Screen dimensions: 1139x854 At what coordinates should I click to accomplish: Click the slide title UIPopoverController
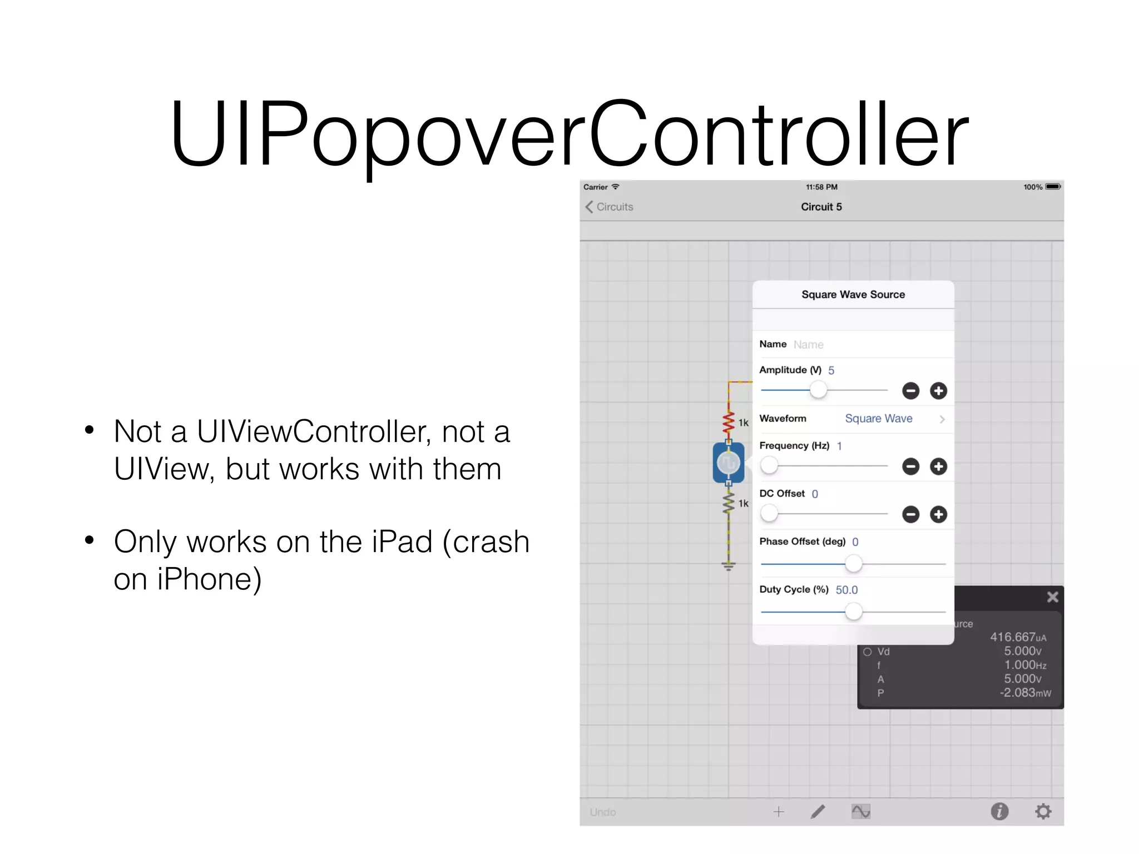click(569, 133)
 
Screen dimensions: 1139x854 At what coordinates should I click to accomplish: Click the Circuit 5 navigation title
click(821, 207)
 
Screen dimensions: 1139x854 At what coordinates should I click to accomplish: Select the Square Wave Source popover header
click(853, 295)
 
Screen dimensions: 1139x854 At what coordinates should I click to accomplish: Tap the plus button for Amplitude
click(938, 391)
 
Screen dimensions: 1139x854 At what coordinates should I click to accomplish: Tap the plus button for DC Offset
click(938, 514)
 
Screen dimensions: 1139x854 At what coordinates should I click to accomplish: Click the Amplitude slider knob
click(818, 390)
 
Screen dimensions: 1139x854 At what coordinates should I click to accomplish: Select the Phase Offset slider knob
click(853, 564)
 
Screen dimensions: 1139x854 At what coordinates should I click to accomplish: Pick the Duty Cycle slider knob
click(853, 612)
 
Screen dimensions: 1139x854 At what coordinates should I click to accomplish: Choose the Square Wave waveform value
click(879, 419)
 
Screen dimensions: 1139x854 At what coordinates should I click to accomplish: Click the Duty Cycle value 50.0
click(846, 590)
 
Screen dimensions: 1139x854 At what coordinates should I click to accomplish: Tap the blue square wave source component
click(728, 463)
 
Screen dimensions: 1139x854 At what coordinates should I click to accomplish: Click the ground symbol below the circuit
click(729, 566)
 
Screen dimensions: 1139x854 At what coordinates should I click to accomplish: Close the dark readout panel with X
click(1052, 597)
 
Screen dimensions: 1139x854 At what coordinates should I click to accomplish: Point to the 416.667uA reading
click(1018, 637)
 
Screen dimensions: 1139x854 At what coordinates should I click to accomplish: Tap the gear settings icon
click(1043, 812)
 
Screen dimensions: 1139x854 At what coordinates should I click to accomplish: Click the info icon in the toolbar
click(999, 812)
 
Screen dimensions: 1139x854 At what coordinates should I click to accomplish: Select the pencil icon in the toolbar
click(818, 812)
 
